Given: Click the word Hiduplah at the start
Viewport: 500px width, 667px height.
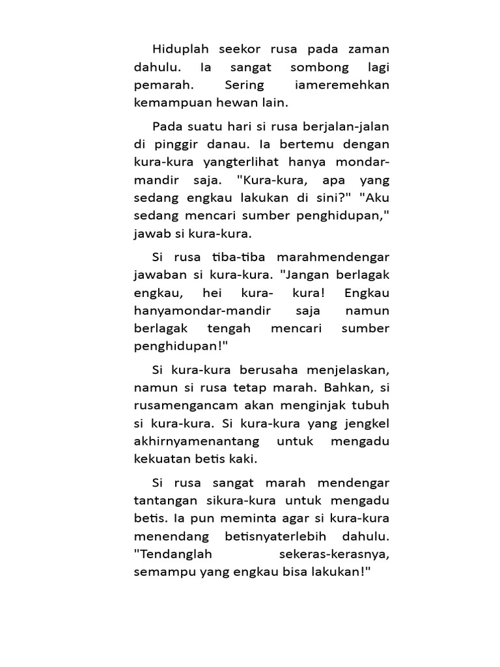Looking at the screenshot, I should click(178, 50).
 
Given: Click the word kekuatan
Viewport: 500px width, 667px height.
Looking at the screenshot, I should click(160, 459).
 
